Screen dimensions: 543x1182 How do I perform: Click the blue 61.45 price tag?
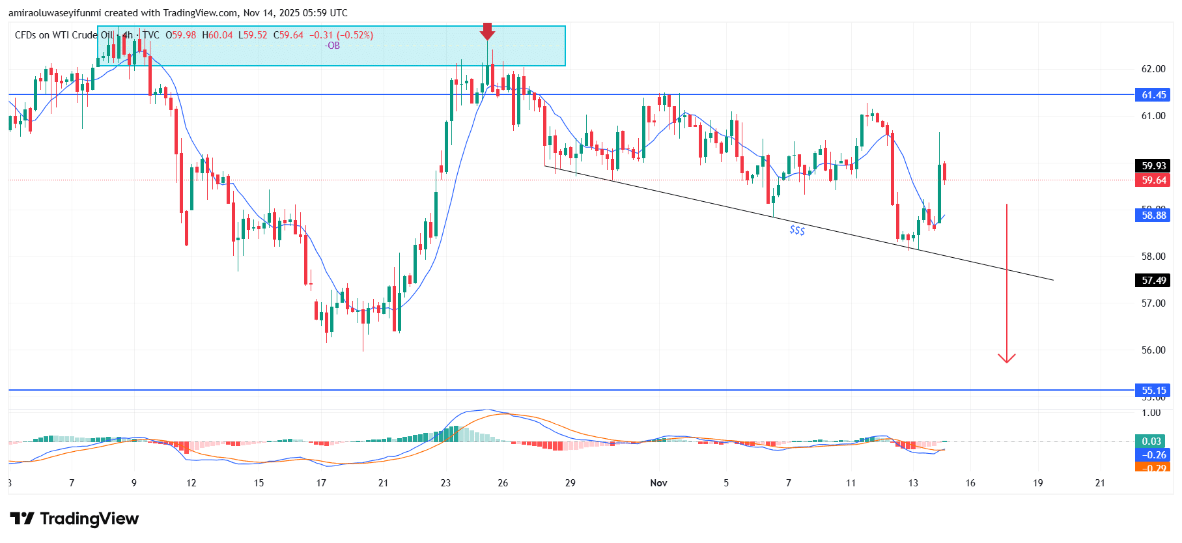click(1153, 95)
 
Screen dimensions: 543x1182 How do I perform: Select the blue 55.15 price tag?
click(1153, 391)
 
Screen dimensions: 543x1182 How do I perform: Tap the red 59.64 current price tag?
click(1153, 180)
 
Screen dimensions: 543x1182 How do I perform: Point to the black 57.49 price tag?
click(1153, 281)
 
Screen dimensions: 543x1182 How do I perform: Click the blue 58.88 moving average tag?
click(1153, 216)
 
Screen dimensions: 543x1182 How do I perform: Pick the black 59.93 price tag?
click(1153, 166)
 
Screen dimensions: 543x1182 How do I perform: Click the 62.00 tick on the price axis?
click(1153, 69)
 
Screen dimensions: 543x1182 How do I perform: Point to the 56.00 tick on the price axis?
click(1153, 350)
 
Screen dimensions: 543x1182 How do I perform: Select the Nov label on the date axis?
click(658, 483)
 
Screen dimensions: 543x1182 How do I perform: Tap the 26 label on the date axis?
click(503, 483)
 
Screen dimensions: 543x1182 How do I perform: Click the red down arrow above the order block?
click(487, 31)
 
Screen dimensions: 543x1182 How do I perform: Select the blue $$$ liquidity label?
click(797, 230)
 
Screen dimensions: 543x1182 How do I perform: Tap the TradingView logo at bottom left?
click(74, 519)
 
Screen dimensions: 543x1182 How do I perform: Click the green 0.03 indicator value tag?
click(1151, 441)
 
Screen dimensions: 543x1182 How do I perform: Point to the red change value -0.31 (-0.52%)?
click(341, 35)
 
